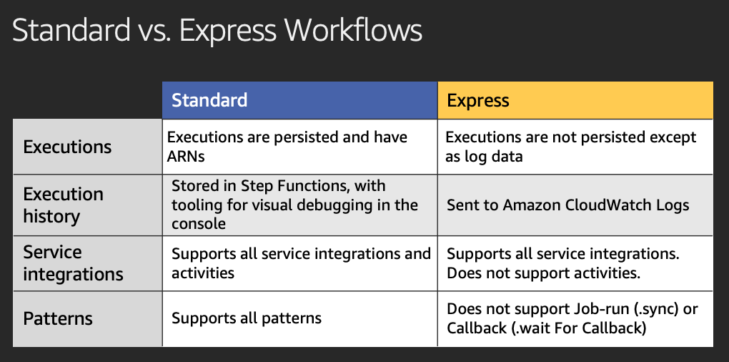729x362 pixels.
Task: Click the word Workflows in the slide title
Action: tap(353, 31)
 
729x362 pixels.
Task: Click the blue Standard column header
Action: tap(300, 100)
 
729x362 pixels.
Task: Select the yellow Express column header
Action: tap(575, 100)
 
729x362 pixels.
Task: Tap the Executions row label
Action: tap(67, 147)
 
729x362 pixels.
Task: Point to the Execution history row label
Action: tap(63, 205)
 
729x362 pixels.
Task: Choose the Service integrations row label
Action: tap(73, 263)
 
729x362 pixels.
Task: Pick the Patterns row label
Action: tap(58, 319)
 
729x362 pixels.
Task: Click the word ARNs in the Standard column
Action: tap(186, 157)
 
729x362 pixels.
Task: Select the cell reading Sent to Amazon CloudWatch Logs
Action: tap(575, 205)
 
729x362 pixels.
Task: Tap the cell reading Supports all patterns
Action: tap(300, 319)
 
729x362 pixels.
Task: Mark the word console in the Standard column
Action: tap(199, 224)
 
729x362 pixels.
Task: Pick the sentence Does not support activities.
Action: tap(543, 273)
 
